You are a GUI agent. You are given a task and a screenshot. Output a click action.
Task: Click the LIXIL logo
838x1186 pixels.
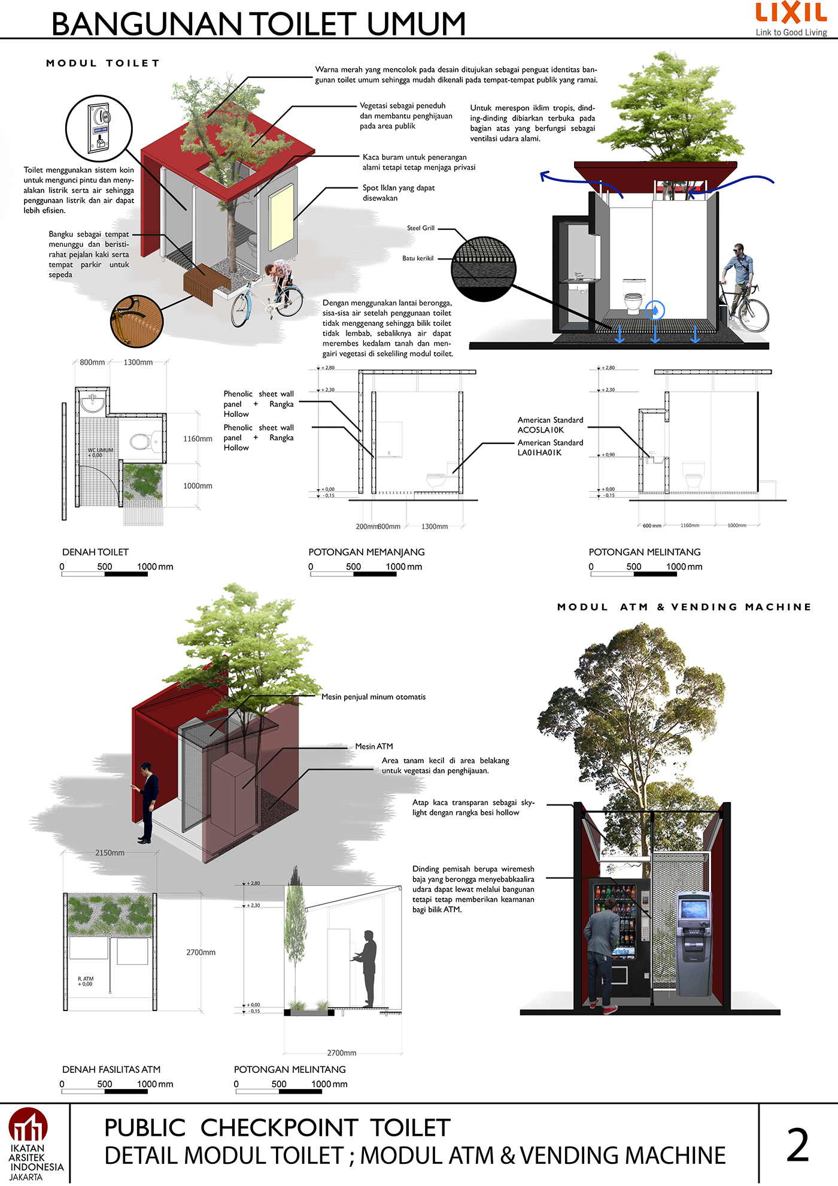click(791, 13)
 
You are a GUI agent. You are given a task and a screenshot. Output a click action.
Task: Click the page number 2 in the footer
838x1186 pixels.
click(797, 1145)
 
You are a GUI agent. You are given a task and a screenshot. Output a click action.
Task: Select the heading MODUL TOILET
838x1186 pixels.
click(103, 63)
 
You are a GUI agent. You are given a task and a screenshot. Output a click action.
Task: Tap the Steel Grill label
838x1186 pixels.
click(421, 228)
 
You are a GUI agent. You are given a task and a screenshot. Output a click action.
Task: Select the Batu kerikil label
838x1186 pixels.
click(418, 258)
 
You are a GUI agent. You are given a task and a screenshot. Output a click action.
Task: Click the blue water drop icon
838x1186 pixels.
click(655, 310)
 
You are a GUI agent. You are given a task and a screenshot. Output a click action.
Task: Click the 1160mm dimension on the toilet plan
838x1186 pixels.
click(198, 439)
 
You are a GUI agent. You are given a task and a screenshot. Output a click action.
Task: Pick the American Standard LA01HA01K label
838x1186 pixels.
click(550, 447)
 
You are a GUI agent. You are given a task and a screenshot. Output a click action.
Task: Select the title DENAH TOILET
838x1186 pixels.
click(95, 552)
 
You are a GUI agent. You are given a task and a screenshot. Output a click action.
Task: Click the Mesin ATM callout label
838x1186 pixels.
click(374, 746)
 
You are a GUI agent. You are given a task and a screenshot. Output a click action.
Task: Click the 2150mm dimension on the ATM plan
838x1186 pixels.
click(110, 853)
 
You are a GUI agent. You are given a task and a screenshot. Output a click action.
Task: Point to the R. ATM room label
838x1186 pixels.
click(86, 981)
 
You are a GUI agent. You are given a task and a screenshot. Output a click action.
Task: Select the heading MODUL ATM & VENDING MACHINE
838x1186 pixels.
click(684, 607)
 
